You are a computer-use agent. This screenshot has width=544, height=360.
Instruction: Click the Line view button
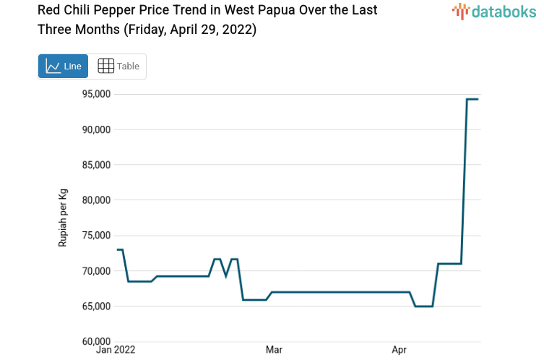[x=64, y=66]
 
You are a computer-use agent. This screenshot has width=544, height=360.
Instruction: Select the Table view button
[x=118, y=66]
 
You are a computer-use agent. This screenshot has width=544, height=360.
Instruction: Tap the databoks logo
[x=494, y=11]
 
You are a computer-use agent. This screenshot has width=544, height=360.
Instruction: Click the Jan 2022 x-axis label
[x=116, y=351]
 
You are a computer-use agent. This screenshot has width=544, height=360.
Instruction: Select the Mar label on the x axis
[x=274, y=351]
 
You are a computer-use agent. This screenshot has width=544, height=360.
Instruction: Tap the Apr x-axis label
[x=399, y=351]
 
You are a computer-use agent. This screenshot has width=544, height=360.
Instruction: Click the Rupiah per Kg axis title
[x=63, y=218]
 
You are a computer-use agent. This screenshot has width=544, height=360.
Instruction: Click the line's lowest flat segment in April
[x=424, y=307]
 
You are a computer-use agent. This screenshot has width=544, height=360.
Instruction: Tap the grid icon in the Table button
[x=105, y=66]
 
